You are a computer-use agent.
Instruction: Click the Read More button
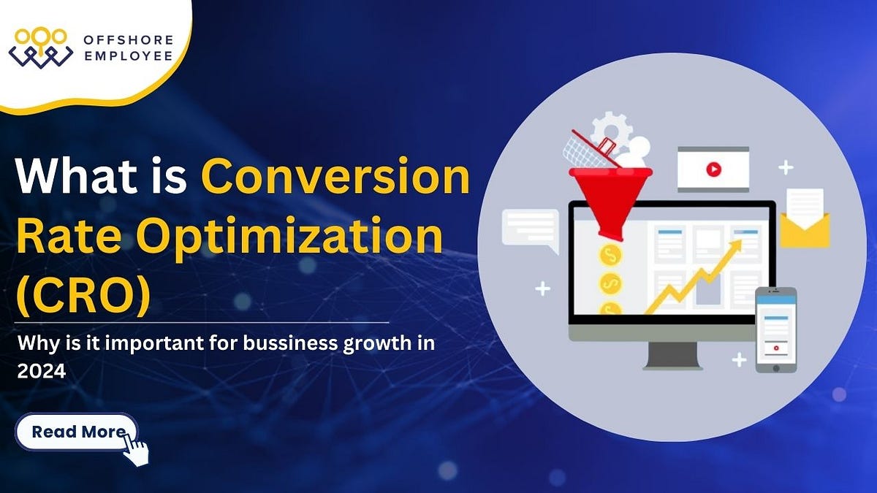76,432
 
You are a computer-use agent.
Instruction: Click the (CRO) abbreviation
84,292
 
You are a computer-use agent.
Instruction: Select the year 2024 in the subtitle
41,370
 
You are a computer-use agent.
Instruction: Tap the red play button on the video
713,169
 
